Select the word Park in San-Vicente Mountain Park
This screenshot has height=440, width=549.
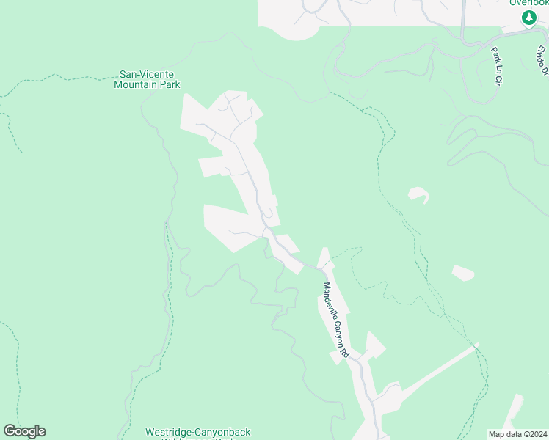(x=170, y=84)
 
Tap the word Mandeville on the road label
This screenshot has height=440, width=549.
(x=329, y=299)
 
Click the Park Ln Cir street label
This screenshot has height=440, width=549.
(x=495, y=67)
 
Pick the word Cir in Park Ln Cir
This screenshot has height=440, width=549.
(x=497, y=79)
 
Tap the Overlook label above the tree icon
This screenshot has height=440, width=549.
(x=528, y=3)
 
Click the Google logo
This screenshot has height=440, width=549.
(x=24, y=431)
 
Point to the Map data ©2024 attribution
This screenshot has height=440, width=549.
(x=517, y=434)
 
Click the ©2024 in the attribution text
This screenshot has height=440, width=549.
(x=534, y=434)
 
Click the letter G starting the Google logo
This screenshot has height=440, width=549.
(x=10, y=431)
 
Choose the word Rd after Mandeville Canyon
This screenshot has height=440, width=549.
(x=344, y=353)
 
